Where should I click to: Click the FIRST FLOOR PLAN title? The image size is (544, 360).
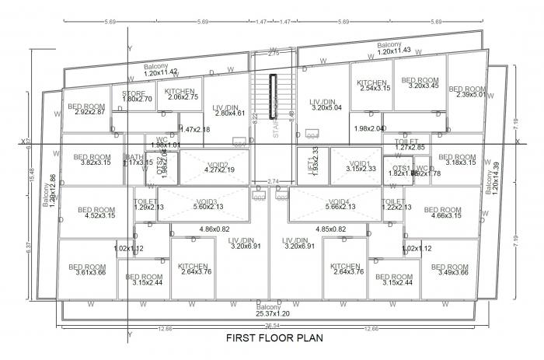point(274,338)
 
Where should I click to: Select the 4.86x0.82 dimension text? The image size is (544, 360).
point(214,229)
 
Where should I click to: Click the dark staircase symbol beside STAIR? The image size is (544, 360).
point(274,96)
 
